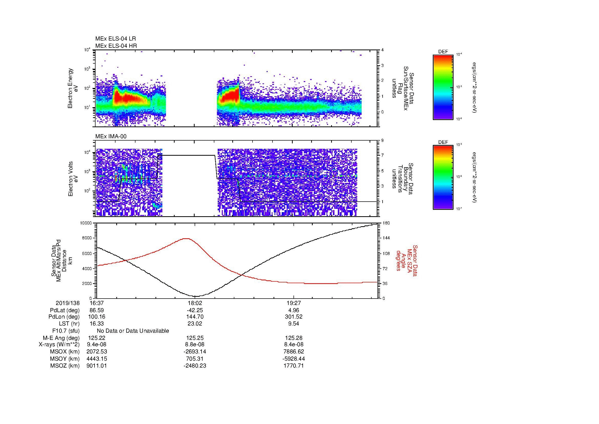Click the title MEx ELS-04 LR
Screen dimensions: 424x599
(x=115, y=39)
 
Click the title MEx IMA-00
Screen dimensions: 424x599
(x=111, y=136)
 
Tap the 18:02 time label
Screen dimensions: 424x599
(x=195, y=303)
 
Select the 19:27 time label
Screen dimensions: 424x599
(x=293, y=303)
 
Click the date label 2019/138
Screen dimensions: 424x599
(x=68, y=303)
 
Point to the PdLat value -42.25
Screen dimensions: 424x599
(x=195, y=310)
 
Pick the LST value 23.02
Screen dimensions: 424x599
(x=195, y=324)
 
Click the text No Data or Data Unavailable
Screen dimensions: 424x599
(x=133, y=331)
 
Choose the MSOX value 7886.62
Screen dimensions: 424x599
(x=293, y=352)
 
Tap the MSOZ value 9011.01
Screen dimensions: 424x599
(x=97, y=366)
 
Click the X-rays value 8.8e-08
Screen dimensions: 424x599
(x=195, y=345)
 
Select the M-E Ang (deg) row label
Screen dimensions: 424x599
(x=61, y=338)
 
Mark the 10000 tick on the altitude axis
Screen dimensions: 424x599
(x=86, y=223)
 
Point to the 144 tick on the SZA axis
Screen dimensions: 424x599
(x=386, y=238)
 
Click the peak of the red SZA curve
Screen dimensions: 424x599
(x=186, y=239)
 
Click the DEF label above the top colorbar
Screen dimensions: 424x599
(x=443, y=52)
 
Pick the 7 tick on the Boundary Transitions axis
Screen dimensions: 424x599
(x=383, y=155)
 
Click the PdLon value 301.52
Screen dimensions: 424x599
(x=293, y=317)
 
